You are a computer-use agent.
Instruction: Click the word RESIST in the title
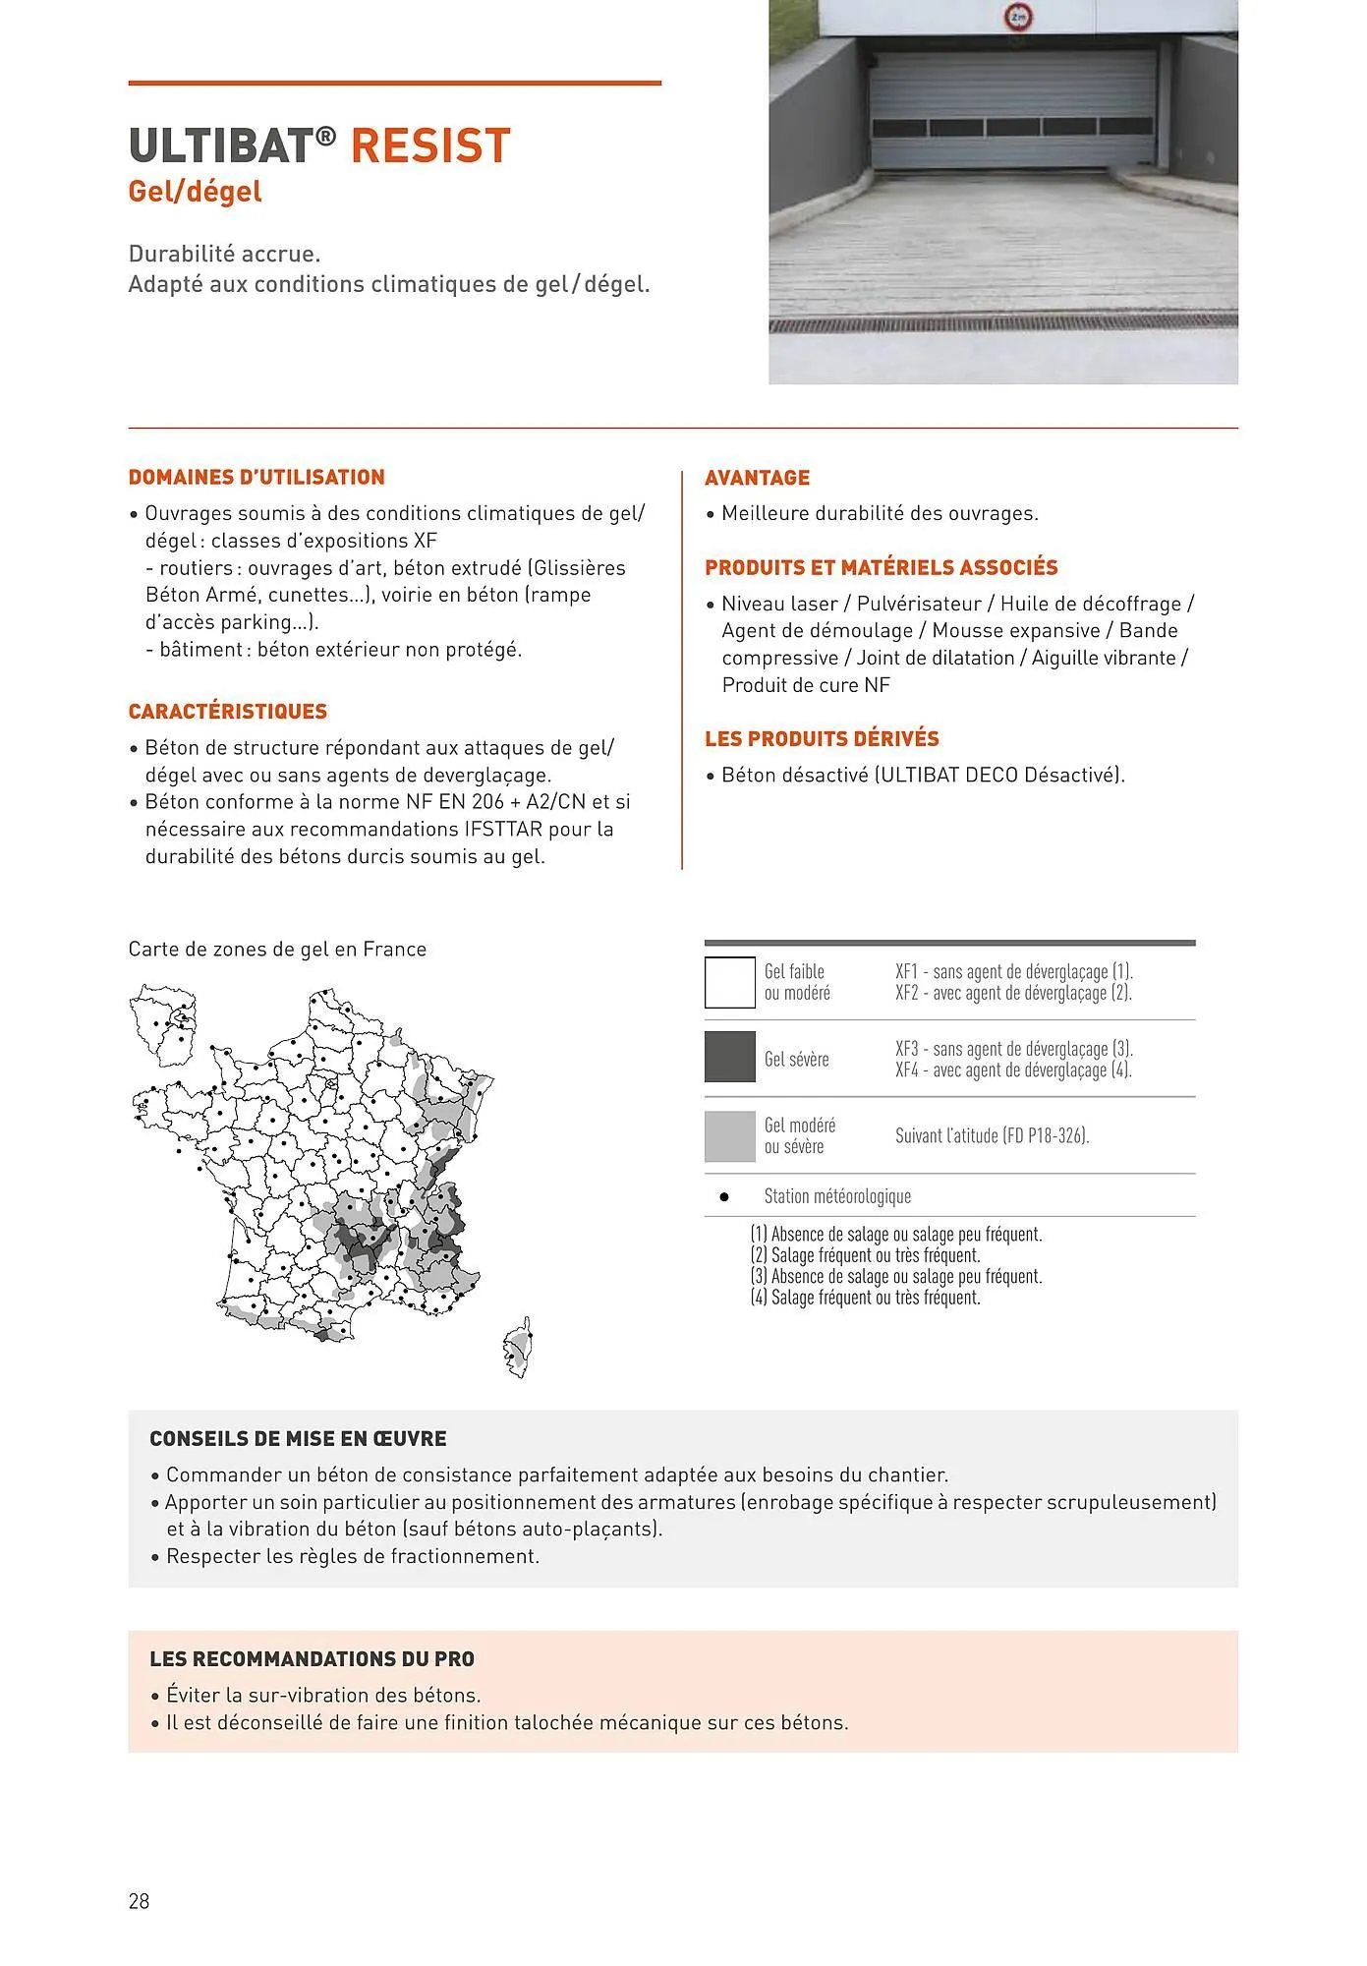pos(430,145)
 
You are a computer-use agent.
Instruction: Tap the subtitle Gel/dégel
pos(195,191)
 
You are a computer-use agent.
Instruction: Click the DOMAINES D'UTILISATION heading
pos(256,478)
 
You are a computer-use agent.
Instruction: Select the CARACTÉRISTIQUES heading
pos(228,712)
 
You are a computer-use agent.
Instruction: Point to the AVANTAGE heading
pos(757,478)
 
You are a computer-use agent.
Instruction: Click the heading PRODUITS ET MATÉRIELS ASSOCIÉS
pos(881,568)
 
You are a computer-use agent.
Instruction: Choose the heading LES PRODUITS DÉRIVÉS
pos(822,739)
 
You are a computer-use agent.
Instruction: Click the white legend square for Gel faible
pos(729,982)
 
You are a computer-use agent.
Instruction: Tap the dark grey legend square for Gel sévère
pos(729,1058)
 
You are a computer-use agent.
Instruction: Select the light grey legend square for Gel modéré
pos(729,1135)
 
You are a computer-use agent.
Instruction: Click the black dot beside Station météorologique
pos(724,1197)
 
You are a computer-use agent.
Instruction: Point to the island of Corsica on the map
pos(518,1347)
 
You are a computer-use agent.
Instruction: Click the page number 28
pos(139,1901)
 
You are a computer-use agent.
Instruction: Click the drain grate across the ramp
pos(1002,324)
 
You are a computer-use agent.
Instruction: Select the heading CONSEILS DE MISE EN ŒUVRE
pos(298,1439)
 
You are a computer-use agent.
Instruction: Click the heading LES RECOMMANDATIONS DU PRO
pos(312,1659)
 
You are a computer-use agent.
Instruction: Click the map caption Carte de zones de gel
pos(277,950)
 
